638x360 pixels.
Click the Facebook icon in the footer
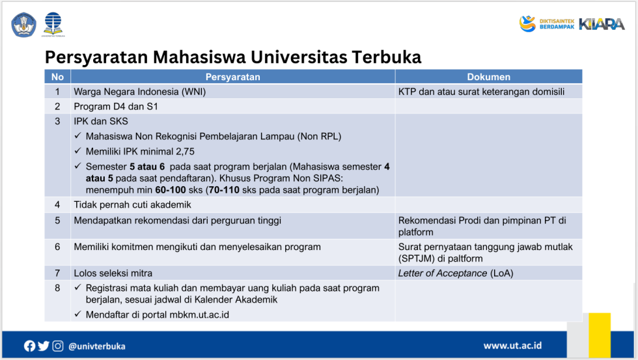(30, 346)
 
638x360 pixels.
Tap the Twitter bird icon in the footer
(44, 346)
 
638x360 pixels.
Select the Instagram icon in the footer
(58, 346)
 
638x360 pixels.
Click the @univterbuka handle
(97, 346)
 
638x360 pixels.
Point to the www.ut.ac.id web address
(512, 346)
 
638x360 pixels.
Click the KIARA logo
(602, 24)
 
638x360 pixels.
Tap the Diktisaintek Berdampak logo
(546, 24)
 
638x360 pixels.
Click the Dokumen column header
(488, 77)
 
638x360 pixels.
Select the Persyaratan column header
(232, 77)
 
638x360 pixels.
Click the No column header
(57, 77)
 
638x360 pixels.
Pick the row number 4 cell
(57, 204)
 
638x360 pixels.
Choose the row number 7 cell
(57, 273)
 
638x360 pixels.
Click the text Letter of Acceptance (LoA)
(455, 273)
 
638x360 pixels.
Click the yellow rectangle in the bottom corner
(600, 335)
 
